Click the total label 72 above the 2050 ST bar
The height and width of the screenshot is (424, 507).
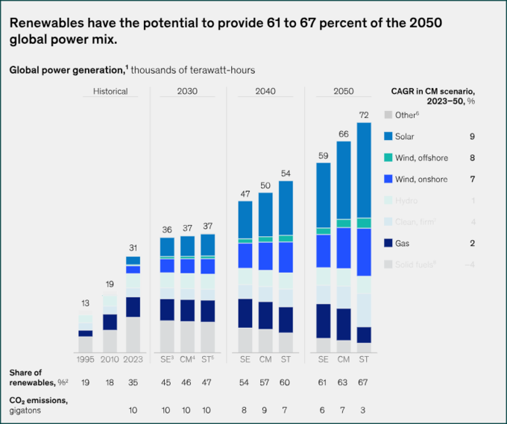click(x=364, y=116)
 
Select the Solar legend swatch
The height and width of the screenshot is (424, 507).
click(x=388, y=136)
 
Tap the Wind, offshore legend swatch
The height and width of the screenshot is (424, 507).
click(x=388, y=158)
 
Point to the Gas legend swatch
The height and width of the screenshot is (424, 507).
click(x=388, y=243)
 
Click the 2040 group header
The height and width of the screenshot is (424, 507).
click(x=265, y=92)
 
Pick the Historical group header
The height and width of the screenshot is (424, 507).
click(x=110, y=92)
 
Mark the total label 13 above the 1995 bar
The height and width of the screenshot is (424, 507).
click(x=86, y=303)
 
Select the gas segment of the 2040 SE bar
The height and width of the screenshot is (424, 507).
click(x=245, y=313)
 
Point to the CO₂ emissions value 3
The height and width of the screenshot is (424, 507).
click(x=364, y=410)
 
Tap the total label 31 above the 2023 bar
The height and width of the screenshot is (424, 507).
click(x=133, y=248)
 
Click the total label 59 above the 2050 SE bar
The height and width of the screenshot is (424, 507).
click(x=323, y=156)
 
